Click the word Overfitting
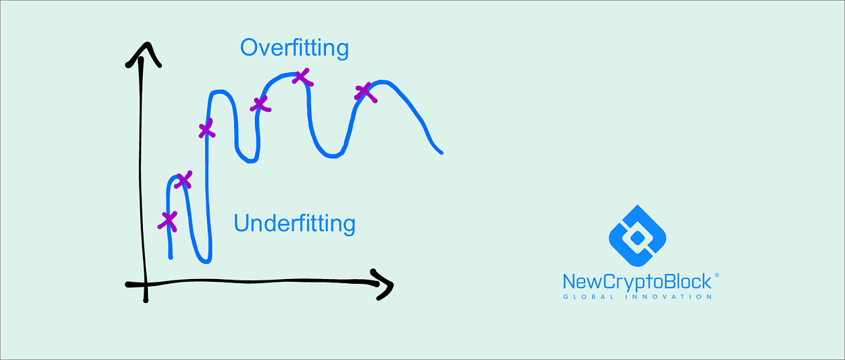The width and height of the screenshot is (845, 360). (x=294, y=48)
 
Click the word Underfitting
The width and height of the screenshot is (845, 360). (x=294, y=224)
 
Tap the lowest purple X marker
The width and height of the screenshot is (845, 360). (x=168, y=221)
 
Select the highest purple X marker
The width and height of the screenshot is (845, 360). (x=301, y=76)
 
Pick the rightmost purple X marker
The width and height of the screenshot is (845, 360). (x=364, y=92)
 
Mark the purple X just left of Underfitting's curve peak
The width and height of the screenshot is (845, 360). (x=182, y=180)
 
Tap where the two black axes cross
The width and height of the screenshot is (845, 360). (x=144, y=284)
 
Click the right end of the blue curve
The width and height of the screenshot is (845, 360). (x=441, y=151)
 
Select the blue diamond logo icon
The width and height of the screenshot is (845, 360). (x=637, y=237)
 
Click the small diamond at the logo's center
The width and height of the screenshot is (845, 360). (x=637, y=237)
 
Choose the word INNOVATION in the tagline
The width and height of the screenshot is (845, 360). (x=671, y=297)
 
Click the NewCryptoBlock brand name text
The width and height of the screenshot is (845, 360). (x=637, y=282)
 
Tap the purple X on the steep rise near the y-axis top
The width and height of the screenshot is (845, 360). (x=206, y=130)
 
